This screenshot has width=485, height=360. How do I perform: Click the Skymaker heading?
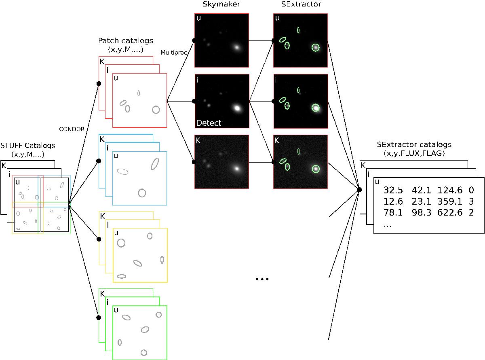click(221, 4)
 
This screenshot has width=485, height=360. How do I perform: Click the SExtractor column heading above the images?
click(301, 4)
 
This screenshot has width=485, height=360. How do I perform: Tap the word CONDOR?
click(72, 129)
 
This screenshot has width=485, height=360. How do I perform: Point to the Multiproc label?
click(174, 53)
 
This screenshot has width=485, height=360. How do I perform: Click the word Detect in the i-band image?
click(209, 123)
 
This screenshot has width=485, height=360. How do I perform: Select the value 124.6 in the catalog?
click(450, 190)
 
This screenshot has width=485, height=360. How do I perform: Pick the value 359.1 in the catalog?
click(450, 201)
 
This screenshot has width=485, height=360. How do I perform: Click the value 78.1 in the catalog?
click(393, 212)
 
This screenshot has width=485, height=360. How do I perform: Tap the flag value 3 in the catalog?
click(471, 201)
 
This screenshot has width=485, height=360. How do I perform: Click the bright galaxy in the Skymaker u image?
click(237, 47)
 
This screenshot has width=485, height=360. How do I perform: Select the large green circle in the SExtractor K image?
click(316, 169)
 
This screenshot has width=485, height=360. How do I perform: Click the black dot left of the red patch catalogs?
click(99, 84)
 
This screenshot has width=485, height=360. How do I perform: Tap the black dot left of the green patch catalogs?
click(99, 318)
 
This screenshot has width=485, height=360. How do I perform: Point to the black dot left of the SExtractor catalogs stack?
click(359, 190)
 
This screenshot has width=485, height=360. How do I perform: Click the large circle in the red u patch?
click(156, 110)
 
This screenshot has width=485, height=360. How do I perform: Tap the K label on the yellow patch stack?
click(103, 216)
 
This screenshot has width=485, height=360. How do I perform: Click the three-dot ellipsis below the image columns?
click(262, 279)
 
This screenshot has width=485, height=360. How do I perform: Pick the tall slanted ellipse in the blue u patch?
click(155, 164)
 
